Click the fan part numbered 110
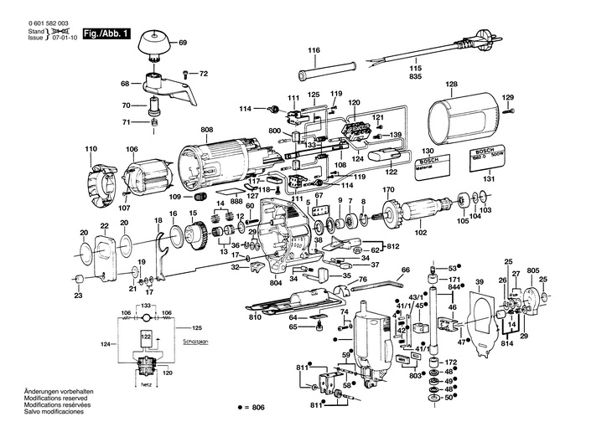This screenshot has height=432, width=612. pos(98,177)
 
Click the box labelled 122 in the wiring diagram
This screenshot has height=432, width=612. pos(146,337)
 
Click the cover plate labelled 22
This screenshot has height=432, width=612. pos(104,254)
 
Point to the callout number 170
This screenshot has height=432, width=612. pos(389,190)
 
